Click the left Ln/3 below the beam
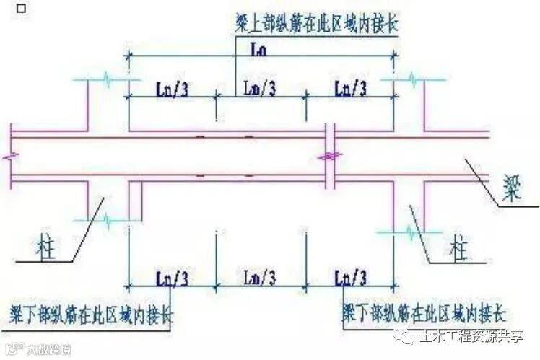tap(172, 277)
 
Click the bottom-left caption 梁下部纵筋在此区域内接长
tap(90, 315)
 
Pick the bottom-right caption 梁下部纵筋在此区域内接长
tap(426, 315)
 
